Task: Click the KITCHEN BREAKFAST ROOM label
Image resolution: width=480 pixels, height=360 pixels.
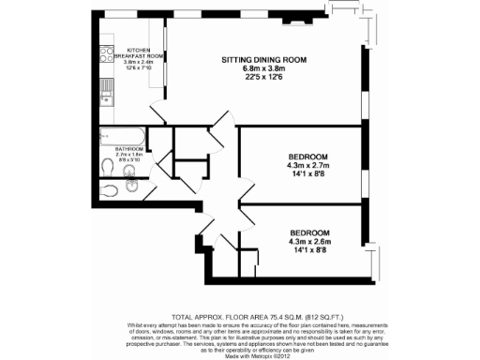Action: (x=146, y=53)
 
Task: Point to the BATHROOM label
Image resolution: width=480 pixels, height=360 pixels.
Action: (x=128, y=149)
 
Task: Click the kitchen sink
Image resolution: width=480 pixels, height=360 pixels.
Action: (x=107, y=92)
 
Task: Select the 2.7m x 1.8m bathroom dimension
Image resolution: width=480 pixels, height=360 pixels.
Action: (x=128, y=155)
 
